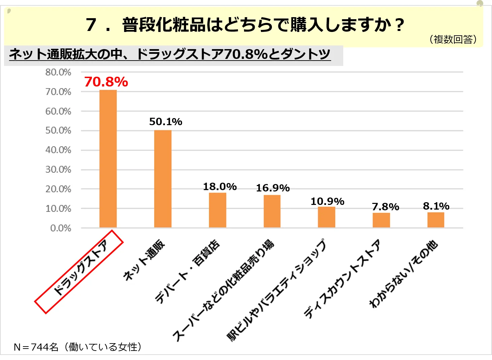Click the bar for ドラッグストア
(x=108, y=159)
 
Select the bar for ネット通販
(x=163, y=179)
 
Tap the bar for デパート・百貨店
(x=217, y=210)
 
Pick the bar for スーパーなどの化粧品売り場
(x=272, y=211)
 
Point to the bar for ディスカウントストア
(x=381, y=220)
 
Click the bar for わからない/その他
(x=436, y=220)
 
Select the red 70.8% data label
(x=106, y=82)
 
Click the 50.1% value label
(x=166, y=121)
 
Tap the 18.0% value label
(x=220, y=186)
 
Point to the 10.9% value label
(x=327, y=201)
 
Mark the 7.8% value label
(x=385, y=207)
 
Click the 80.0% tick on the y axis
(x=58, y=72)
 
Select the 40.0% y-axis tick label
(x=58, y=150)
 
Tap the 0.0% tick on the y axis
(x=61, y=228)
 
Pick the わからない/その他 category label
(x=403, y=274)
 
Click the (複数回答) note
(x=453, y=39)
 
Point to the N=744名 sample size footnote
(x=77, y=347)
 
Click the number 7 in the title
(x=91, y=25)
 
